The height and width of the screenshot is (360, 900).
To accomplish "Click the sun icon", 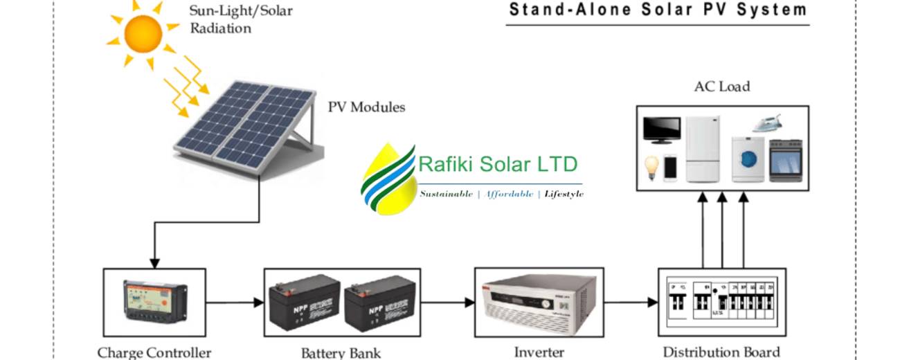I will tap(143, 33).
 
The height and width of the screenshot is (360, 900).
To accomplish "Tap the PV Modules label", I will tap(366, 107).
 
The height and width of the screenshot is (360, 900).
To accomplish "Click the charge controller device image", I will tap(154, 302).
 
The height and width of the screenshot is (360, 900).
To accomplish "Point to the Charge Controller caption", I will tap(154, 352).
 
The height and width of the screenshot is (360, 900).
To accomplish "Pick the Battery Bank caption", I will tap(341, 353).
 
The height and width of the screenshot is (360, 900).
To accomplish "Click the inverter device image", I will tap(539, 302).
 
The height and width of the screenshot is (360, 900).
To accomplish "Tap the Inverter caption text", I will tap(539, 352).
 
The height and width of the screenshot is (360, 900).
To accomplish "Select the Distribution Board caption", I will tap(721, 352).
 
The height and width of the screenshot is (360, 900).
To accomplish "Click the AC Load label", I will tap(722, 87).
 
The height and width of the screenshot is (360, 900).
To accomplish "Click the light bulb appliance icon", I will tap(651, 168).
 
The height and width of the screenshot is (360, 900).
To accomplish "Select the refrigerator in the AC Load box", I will tap(703, 149).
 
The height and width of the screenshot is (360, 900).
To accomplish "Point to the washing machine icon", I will tap(748, 159).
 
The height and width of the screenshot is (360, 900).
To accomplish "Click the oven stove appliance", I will tap(785, 160).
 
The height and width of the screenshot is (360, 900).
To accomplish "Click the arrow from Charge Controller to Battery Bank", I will tap(235, 303).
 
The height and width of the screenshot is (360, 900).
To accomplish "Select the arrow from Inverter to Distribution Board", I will tap(630, 303).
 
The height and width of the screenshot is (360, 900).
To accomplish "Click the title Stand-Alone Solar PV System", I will tap(658, 10).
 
